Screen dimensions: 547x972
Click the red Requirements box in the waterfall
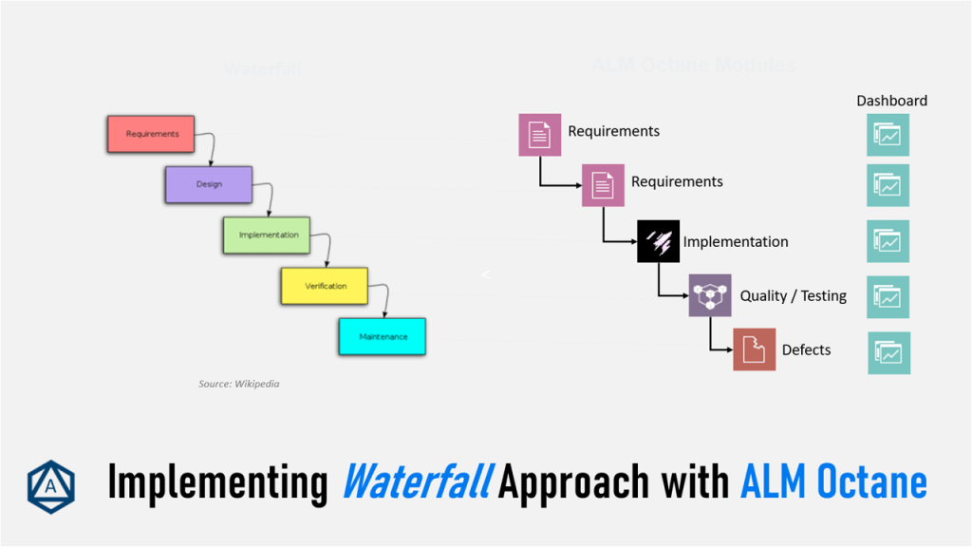151,134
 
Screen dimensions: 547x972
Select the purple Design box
209,184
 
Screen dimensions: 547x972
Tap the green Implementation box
267,235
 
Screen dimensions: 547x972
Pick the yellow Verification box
325,286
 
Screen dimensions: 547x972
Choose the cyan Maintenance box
383,336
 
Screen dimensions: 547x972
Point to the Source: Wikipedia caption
238,384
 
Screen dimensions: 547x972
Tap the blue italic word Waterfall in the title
416,482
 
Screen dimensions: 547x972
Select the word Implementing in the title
216,482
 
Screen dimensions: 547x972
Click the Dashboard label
891,101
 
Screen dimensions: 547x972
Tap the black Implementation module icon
658,241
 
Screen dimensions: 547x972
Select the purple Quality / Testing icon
709,296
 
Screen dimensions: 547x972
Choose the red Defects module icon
754,349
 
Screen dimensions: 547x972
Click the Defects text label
806,350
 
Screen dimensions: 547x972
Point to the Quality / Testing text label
793,296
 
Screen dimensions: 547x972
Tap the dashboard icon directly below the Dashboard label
888,135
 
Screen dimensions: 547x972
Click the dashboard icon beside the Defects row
888,352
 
